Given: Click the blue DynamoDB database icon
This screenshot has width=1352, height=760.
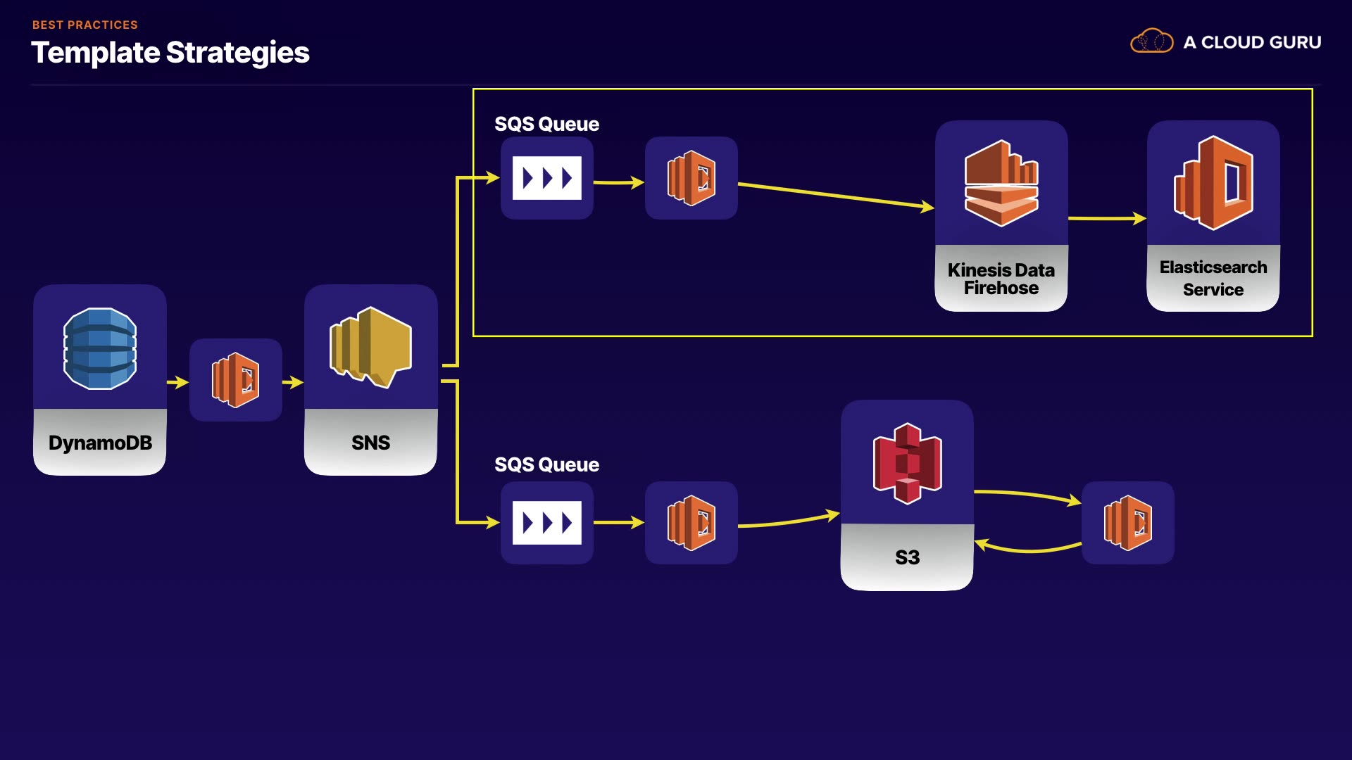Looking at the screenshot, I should click(x=100, y=348).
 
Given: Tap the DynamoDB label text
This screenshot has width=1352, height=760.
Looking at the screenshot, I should click(x=100, y=443).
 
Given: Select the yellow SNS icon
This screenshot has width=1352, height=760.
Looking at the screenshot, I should click(x=370, y=346).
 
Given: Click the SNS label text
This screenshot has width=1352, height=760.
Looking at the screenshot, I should click(x=370, y=443).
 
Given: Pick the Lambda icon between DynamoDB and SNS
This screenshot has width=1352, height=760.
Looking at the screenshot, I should click(x=236, y=380).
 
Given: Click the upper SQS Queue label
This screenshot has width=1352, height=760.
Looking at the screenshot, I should click(x=546, y=125).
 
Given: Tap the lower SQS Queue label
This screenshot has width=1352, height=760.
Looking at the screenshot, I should click(x=546, y=465).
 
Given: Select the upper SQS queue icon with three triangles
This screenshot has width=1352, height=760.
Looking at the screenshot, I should click(x=547, y=178).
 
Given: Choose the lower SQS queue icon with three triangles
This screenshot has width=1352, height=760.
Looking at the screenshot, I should click(x=547, y=523).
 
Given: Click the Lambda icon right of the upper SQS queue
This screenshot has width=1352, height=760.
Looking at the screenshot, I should click(x=691, y=178).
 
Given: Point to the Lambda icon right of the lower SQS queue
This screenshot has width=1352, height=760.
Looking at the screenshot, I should click(x=691, y=523).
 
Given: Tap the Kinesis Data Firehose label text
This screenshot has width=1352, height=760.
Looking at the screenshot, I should click(x=1001, y=279).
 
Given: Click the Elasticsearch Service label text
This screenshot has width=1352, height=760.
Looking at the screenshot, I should click(x=1213, y=278).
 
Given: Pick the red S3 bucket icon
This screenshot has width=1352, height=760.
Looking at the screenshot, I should click(x=907, y=463).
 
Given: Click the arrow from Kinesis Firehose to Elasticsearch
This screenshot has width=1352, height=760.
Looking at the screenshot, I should click(x=1107, y=219).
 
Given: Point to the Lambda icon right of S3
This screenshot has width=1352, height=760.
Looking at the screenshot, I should click(x=1128, y=523).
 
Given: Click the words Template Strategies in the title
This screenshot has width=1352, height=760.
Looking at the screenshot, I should click(x=170, y=53).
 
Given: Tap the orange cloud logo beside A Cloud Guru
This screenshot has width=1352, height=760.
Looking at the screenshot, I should click(x=1151, y=42).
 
